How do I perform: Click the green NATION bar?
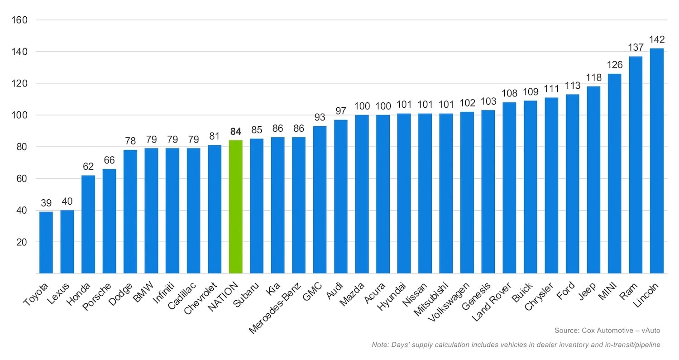(235, 206)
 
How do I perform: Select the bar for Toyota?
(46, 242)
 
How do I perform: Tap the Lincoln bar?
(656, 161)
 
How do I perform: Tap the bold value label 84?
(235, 132)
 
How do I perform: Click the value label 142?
(656, 39)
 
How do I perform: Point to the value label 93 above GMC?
(320, 117)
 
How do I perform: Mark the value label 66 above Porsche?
(109, 160)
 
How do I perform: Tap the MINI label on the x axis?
(609, 291)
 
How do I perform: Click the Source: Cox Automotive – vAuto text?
(607, 331)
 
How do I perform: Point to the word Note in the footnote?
(379, 345)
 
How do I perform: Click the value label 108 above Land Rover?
(509, 93)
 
